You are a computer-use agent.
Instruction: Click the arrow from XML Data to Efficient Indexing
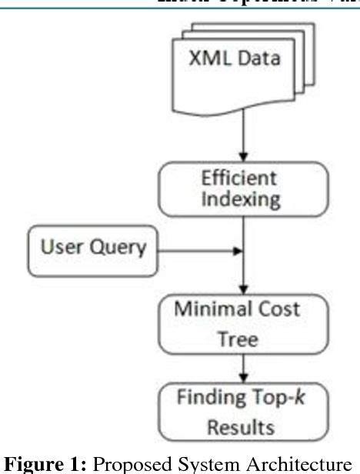tap(243, 139)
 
